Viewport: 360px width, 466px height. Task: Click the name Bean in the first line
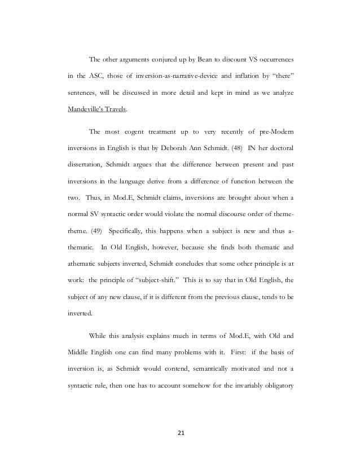tap(182, 60)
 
